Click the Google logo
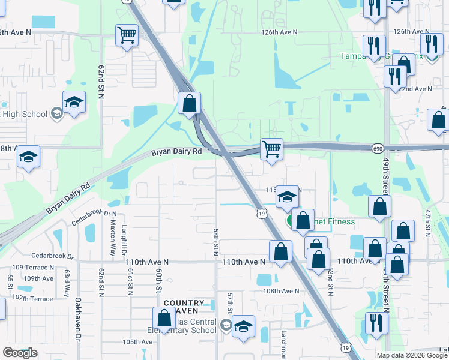pos(20,353)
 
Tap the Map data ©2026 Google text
pos(412,355)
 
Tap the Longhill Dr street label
pos(125,237)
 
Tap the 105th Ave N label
pos(137,342)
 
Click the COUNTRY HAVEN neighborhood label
pos(184,304)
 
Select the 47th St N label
pos(427,223)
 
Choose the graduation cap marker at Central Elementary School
pos(243,326)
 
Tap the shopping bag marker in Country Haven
pos(164,319)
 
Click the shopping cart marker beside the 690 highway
pos(272,148)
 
